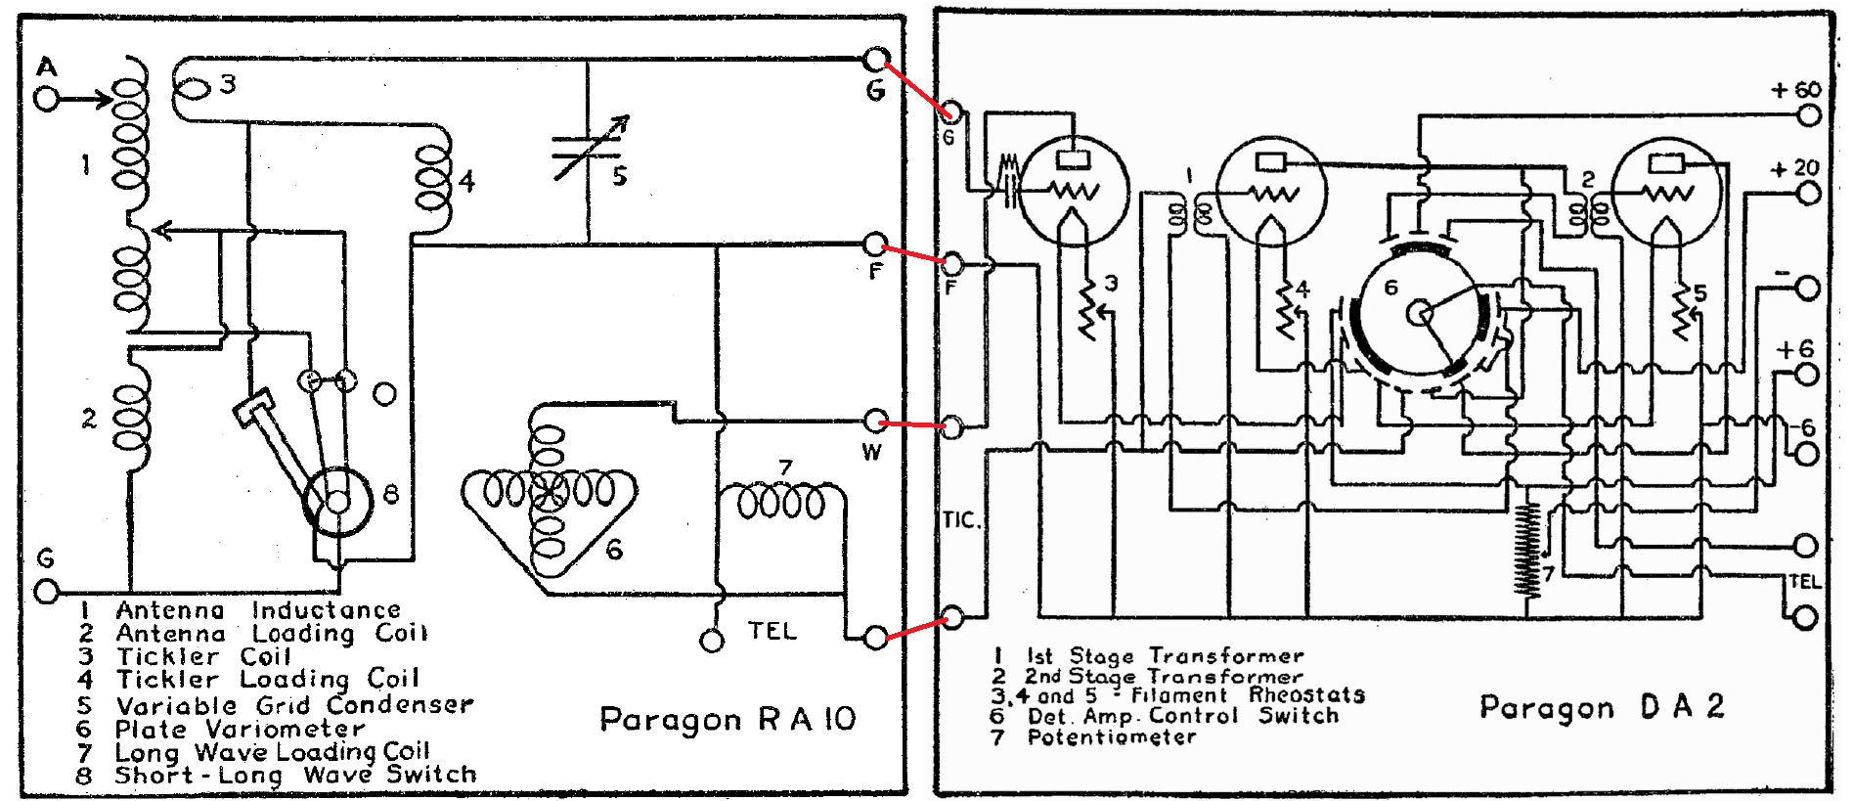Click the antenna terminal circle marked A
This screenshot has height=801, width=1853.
tap(46, 99)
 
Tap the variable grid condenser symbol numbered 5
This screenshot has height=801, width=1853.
tap(587, 149)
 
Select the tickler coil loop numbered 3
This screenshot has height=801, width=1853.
tap(194, 88)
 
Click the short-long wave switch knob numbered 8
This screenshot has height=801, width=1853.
tap(337, 501)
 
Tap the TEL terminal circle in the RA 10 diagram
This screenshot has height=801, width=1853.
tap(712, 642)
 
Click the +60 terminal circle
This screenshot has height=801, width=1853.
tap(1809, 115)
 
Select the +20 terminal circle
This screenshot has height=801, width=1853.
tap(1809, 193)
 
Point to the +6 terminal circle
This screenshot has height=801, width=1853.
tap(1807, 375)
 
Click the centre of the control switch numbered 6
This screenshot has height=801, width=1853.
tap(1419, 313)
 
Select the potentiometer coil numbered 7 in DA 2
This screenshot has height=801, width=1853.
tap(1526, 549)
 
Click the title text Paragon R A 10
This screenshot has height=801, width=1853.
tap(728, 720)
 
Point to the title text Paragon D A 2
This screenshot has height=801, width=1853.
tap(1601, 707)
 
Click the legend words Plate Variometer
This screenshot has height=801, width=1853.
tap(240, 730)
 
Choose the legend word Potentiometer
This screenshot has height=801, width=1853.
tap(1111, 737)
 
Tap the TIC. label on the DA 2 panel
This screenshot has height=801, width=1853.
tap(961, 520)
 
